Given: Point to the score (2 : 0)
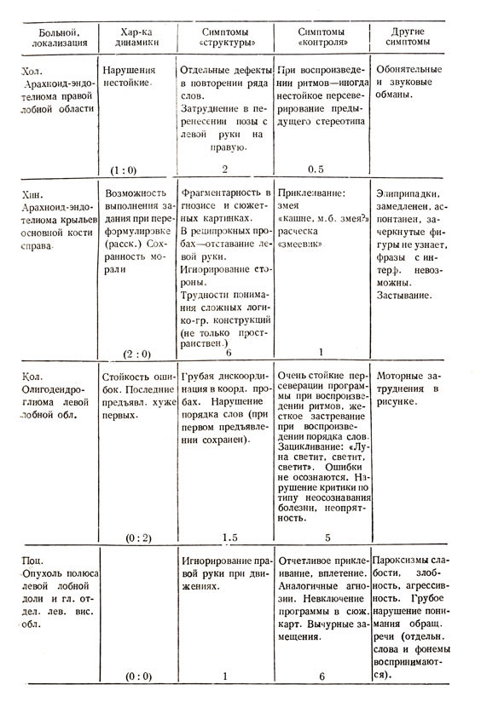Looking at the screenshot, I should click(x=132, y=352).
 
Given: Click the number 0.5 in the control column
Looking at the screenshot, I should click(x=318, y=170).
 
